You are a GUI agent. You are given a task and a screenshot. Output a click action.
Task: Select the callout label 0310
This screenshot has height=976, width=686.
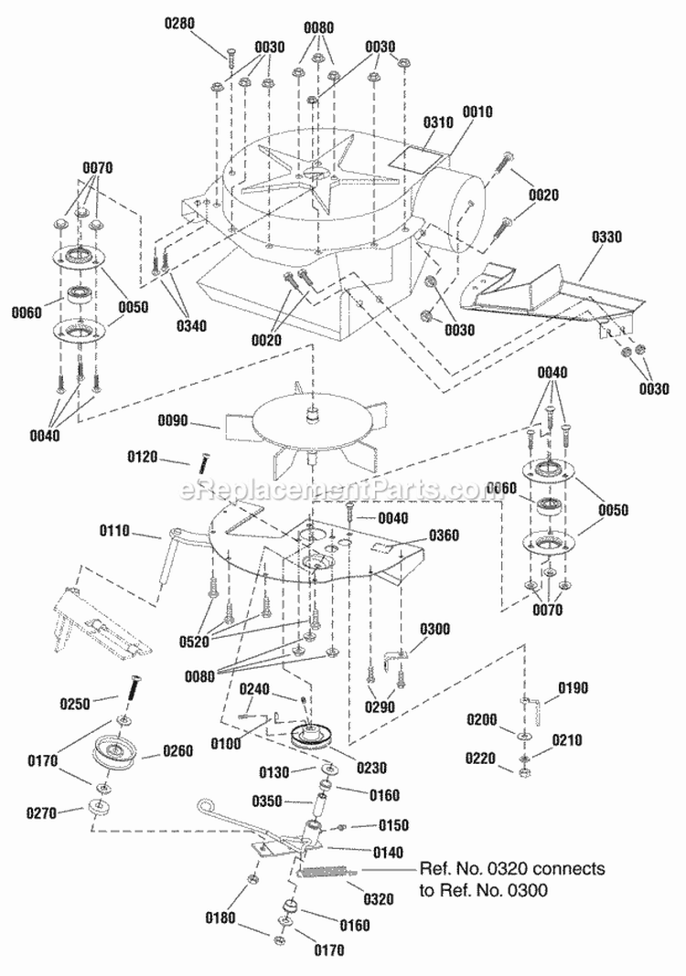(x=439, y=122)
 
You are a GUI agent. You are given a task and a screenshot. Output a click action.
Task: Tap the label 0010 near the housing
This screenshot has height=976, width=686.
(x=477, y=111)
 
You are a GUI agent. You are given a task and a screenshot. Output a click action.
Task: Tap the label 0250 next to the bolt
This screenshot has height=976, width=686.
(x=101, y=705)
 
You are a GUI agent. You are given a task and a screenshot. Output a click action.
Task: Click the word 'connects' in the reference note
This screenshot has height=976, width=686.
(x=573, y=868)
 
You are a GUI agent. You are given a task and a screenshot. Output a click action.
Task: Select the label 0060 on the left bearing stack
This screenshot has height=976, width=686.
(x=28, y=312)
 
